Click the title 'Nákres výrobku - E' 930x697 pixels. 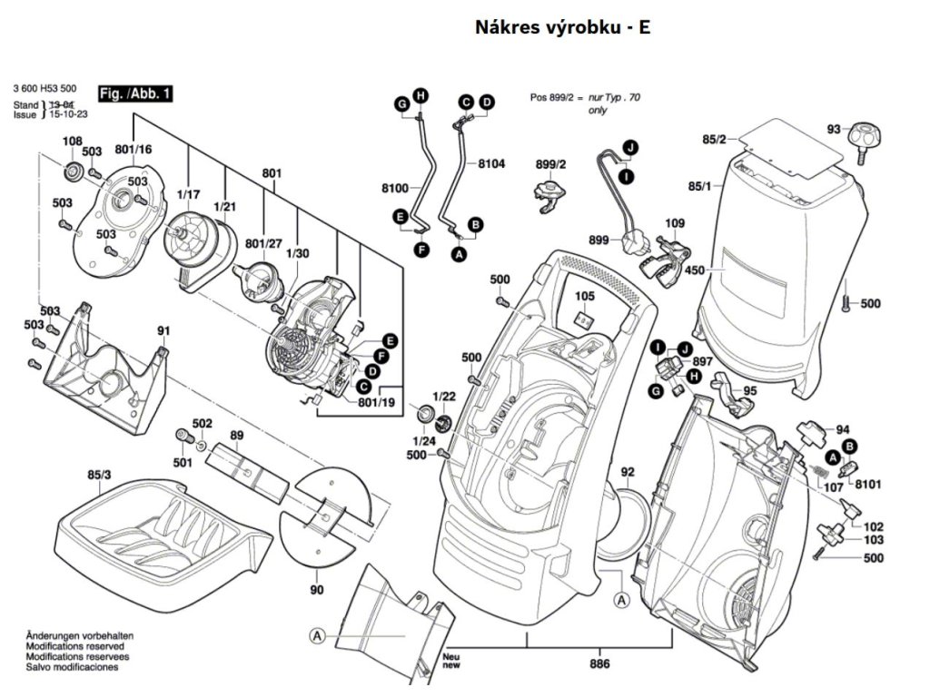coord(562,27)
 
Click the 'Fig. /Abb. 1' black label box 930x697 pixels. coord(135,93)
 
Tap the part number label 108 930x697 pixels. coord(72,141)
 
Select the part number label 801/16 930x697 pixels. coord(134,149)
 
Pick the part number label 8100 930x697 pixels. coord(395,187)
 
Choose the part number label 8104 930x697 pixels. coord(491,164)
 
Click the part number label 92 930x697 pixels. coord(628,471)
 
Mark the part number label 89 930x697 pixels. coord(236,437)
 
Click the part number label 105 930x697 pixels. coord(585,296)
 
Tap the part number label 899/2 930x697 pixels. coord(550,164)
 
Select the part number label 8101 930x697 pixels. coord(870,486)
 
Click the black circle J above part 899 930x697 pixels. coord(628,147)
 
